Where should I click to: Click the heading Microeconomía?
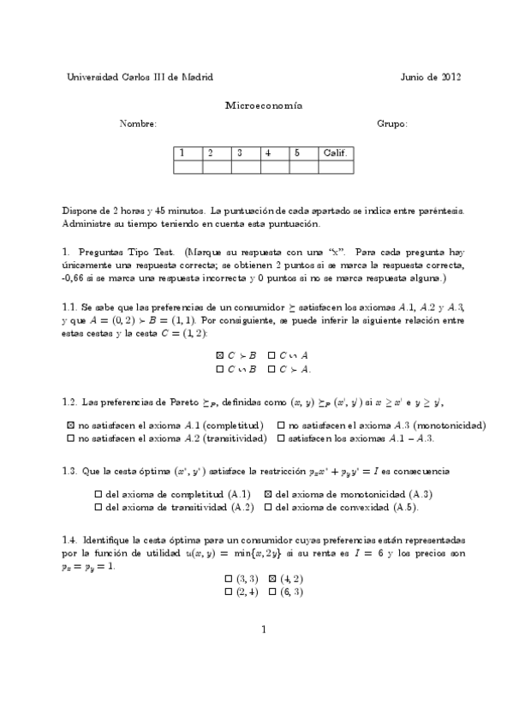263,105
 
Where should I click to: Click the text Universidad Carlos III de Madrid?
140,77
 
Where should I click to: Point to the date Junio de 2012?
431,77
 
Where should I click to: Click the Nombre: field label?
139,124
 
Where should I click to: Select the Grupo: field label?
392,124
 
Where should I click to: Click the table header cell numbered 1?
188,152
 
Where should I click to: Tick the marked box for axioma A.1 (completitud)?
70,425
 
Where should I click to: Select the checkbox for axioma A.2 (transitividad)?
70,438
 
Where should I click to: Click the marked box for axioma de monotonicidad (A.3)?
268,494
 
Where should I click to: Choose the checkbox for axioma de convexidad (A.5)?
268,508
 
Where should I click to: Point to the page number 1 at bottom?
265,630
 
